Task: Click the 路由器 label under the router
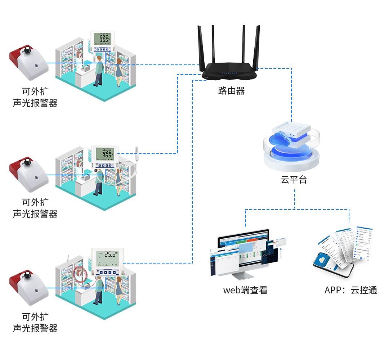(x=231, y=91)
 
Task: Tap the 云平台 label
(x=294, y=180)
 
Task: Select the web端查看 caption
(x=245, y=290)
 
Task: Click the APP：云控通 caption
(x=350, y=290)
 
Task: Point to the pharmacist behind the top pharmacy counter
(x=79, y=59)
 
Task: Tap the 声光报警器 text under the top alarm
(x=35, y=103)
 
